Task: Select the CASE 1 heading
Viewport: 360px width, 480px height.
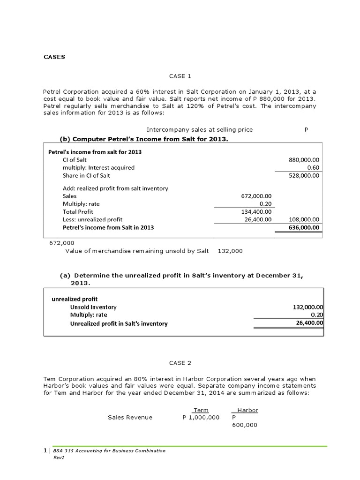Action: pos(180,76)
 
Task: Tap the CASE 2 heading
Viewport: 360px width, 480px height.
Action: pos(180,363)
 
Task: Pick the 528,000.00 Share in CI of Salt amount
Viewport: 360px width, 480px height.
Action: pos(304,176)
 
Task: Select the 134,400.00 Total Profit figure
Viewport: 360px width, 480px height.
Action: pos(256,211)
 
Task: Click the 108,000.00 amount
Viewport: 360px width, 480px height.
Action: pos(304,219)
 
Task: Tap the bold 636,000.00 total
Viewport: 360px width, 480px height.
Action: pos(304,228)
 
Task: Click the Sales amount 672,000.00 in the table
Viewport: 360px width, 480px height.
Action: pos(256,196)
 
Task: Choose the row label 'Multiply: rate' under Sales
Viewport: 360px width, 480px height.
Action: pos(81,204)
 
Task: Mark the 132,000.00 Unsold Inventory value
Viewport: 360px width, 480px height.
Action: pos(308,307)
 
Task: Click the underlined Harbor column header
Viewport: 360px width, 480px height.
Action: pos(247,410)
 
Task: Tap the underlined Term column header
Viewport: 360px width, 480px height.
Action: pos(201,410)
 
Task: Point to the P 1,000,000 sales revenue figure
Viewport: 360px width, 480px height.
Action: pos(201,417)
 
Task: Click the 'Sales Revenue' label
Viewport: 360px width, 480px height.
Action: pos(130,417)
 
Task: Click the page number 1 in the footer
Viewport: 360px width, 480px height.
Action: pos(45,451)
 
